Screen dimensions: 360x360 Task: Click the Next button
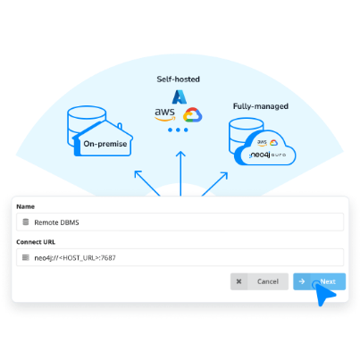[319, 281]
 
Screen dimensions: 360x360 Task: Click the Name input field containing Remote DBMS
[180, 222]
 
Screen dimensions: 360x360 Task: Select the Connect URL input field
[180, 257]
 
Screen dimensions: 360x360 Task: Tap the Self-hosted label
[178, 80]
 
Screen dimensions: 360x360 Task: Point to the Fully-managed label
[261, 106]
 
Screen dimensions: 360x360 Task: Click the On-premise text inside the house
[105, 144]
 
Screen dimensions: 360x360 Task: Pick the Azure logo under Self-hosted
[180, 96]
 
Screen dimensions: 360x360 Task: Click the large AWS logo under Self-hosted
[164, 114]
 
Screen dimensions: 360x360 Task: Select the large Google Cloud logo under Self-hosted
[192, 115]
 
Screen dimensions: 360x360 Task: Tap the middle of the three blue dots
[178, 130]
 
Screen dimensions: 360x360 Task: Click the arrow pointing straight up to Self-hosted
[180, 173]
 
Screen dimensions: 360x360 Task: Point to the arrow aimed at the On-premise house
[147, 183]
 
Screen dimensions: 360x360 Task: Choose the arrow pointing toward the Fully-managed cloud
[214, 184]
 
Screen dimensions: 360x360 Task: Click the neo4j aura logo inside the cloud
[268, 155]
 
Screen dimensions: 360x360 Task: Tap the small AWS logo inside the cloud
[262, 143]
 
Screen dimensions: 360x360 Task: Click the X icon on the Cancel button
[239, 281]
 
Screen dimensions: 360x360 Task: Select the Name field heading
[25, 206]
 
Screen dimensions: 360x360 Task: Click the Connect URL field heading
[36, 242]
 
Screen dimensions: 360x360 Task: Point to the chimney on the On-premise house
[120, 126]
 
